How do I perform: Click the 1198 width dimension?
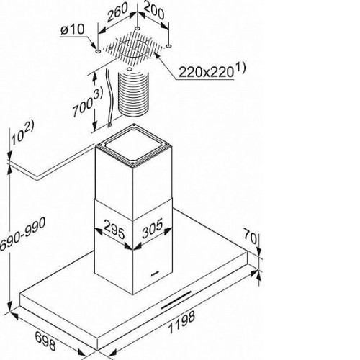[x=181, y=323]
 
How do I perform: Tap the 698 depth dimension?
[x=45, y=341]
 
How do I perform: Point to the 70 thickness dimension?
[x=251, y=235]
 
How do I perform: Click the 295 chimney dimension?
[x=114, y=230]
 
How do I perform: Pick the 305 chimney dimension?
[x=153, y=228]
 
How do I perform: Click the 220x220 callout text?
[x=207, y=72]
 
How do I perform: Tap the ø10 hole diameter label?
[x=73, y=30]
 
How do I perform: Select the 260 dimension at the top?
[x=117, y=13]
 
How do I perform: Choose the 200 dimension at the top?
[x=154, y=12]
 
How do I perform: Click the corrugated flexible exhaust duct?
[x=133, y=95]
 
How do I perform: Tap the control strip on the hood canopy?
[x=176, y=300]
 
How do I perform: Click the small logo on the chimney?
[x=154, y=274]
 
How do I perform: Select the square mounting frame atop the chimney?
[x=133, y=146]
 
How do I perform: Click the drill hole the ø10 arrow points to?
[x=98, y=51]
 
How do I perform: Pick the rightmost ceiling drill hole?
[x=168, y=45]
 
